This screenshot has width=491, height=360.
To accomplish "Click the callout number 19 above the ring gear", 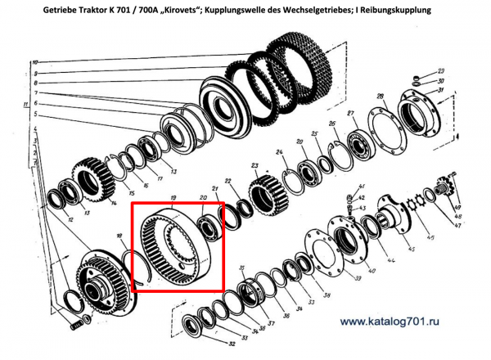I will point(173,197).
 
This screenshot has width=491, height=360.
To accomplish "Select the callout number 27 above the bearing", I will point(349,112).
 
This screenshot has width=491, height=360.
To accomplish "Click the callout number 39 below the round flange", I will point(356,278).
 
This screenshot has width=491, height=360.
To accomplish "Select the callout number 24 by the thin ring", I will point(280,152).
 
